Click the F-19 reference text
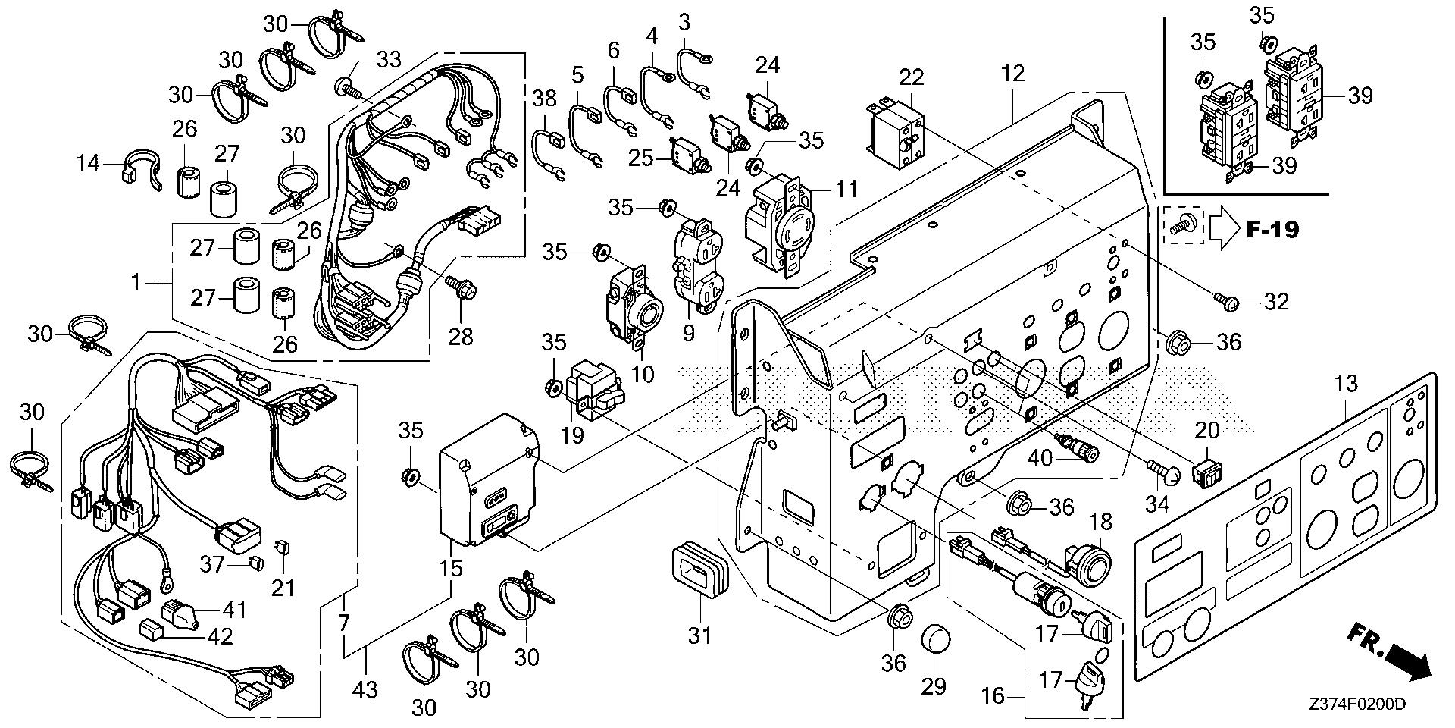click(x=1272, y=228)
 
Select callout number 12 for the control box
click(x=1012, y=74)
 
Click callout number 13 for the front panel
click(x=1345, y=384)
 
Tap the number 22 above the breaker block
click(x=912, y=77)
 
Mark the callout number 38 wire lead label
click(x=544, y=98)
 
